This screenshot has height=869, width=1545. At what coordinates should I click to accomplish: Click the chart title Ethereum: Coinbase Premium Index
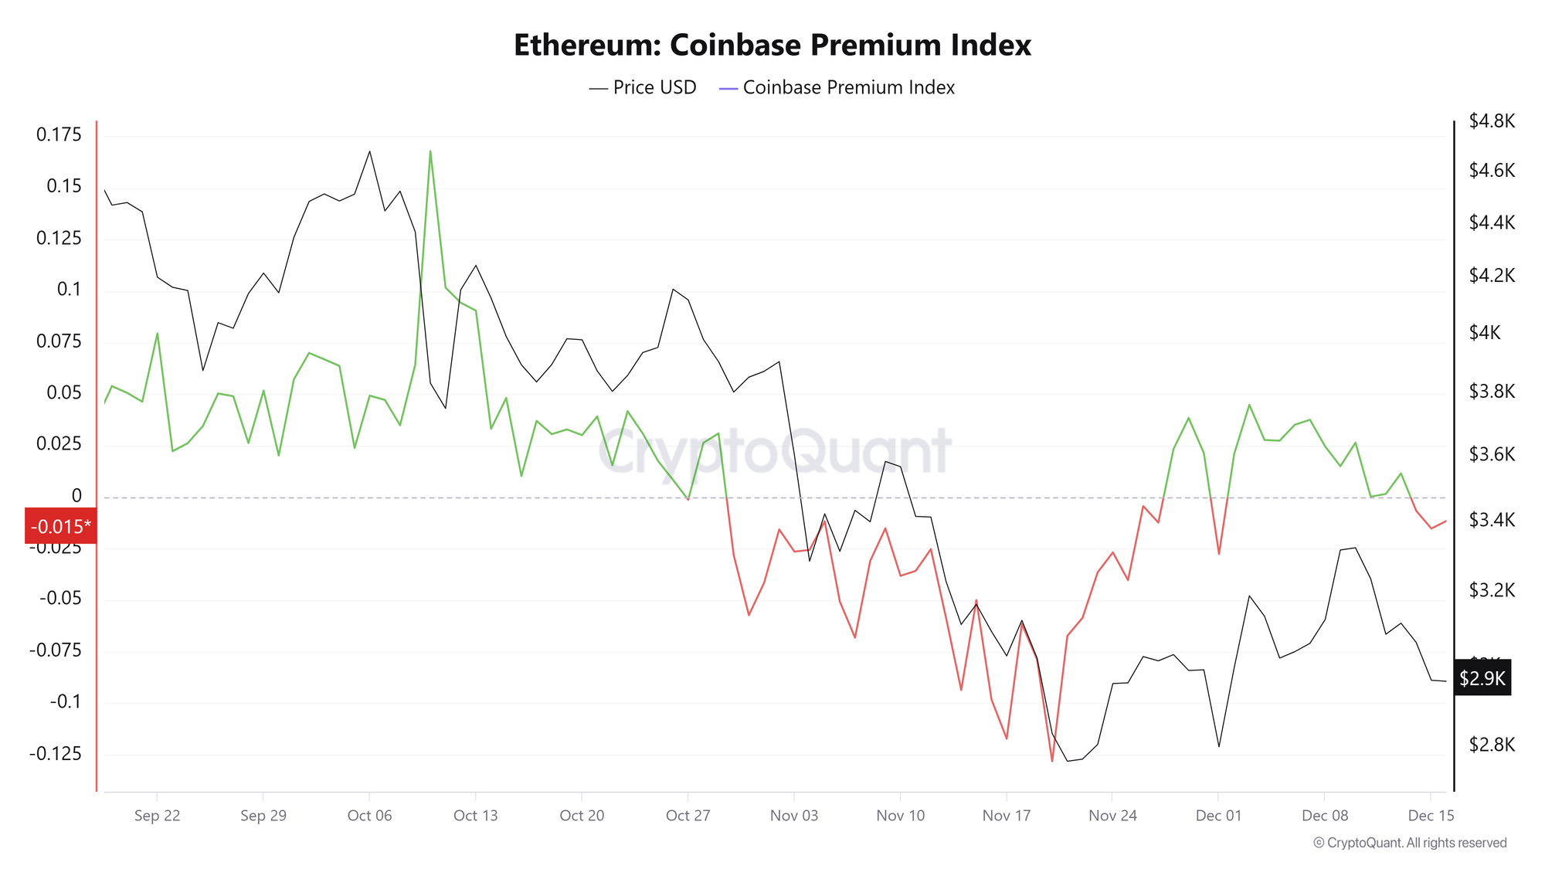pos(772,45)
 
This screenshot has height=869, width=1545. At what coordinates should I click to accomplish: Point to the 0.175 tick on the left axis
pos(59,135)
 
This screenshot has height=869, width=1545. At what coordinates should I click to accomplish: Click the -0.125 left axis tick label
pos(55,754)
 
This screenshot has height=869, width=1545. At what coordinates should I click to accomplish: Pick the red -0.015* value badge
pos(60,527)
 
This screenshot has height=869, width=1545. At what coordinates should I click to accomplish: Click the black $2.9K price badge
pos(1482,678)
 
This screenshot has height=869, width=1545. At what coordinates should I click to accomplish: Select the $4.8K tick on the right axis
pos(1492,121)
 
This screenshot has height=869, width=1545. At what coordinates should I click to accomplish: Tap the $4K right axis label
pos(1485,333)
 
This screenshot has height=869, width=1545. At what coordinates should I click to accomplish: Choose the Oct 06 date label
pos(369,816)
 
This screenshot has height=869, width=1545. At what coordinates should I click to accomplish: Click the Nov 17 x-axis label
pos(1007,816)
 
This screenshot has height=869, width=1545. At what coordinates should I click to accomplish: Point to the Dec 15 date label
pos(1431,816)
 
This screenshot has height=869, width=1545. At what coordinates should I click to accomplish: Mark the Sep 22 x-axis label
pos(157,816)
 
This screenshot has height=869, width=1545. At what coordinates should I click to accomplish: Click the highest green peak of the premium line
pos(430,151)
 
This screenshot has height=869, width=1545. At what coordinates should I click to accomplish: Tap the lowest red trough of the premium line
pos(1051,761)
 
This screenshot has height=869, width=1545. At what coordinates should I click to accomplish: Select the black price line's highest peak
pos(369,151)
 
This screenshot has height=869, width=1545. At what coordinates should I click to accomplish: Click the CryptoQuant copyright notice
pos(1410,843)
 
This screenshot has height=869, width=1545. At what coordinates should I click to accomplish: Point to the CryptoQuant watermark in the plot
pos(775,452)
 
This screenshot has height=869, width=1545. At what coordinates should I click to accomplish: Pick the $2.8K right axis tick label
pos(1492,745)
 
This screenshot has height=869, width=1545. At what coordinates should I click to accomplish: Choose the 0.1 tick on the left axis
pos(69,290)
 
